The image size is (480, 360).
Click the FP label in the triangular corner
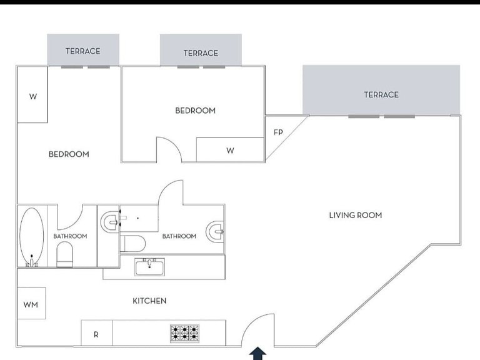tap(278, 132)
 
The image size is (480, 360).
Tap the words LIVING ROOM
tap(356, 215)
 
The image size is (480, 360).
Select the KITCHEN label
tap(149, 301)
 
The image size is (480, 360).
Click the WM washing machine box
tap(31, 303)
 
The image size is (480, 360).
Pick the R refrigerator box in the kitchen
tap(97, 332)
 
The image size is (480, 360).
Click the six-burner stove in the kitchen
tap(184, 334)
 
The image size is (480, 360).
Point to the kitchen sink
tap(150, 267)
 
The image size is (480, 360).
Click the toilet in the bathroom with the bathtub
tap(64, 254)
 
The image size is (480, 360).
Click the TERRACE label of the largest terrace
tap(381, 94)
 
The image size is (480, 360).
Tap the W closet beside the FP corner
tap(230, 150)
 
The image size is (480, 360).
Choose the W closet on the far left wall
tap(32, 94)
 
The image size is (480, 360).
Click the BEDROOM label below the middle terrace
tap(195, 111)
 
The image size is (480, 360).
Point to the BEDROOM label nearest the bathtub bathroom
tap(69, 154)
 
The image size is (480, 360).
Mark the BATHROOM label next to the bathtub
tap(70, 236)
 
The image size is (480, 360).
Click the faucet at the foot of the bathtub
tap(31, 262)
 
